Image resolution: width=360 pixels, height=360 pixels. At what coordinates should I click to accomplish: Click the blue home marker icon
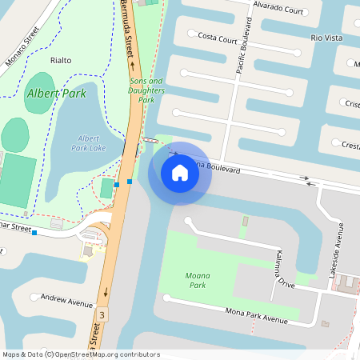tap(180, 172)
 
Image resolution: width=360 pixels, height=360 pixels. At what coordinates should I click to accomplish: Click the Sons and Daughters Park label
tap(146, 90)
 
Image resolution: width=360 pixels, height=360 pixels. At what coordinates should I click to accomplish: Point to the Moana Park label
tap(197, 280)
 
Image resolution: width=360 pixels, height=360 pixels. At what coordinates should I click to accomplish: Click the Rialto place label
tap(61, 60)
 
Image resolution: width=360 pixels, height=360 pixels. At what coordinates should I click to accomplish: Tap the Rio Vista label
tap(326, 38)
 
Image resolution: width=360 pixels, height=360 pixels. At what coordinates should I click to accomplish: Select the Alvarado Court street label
tap(278, 12)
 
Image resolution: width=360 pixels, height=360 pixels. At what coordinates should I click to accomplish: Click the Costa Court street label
tap(217, 38)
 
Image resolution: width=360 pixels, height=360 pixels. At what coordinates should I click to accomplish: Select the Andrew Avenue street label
tap(67, 301)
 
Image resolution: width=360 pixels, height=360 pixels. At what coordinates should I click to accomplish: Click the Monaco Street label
tap(22, 46)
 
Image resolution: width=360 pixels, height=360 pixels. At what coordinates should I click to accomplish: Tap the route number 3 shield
tap(102, 315)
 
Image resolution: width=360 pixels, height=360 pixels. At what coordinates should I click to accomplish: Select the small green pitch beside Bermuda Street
tap(106, 188)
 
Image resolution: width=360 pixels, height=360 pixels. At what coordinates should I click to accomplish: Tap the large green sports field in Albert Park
tap(18, 180)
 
